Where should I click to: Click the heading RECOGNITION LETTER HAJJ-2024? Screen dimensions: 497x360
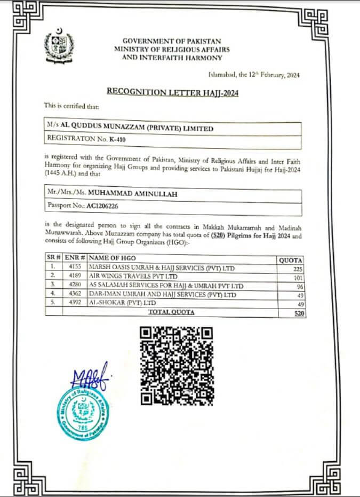coord(172,92)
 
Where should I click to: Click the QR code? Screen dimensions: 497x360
coord(177,366)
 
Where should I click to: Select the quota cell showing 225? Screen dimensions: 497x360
coord(298,269)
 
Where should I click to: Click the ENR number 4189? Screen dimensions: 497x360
coord(75,277)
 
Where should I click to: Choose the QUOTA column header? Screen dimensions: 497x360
coord(291,259)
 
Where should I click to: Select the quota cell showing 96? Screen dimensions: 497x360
coord(299,286)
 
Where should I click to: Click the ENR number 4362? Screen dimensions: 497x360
coord(75,295)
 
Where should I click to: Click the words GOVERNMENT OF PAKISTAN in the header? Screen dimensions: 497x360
coord(172,41)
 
